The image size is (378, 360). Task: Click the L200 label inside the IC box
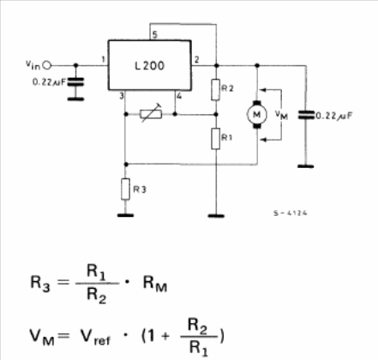coord(149,66)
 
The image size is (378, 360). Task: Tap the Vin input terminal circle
coord(47,65)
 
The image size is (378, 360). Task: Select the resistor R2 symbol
coord(216,90)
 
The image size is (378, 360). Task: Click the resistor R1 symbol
coord(216,139)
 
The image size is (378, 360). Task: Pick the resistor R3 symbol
coord(125,189)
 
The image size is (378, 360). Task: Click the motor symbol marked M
coord(257,114)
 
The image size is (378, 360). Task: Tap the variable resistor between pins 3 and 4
coord(151,114)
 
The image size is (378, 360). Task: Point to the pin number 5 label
coord(154,35)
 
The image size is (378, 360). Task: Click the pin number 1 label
coord(104,60)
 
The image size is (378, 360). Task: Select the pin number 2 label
coord(196,60)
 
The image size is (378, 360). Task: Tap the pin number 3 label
coord(122,96)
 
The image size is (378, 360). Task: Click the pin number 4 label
coord(179,96)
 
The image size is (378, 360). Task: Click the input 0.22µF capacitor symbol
coord(75,82)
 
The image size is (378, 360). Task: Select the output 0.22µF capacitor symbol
coord(306,115)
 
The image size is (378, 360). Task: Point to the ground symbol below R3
coord(125,215)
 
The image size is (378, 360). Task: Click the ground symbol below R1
coord(216,216)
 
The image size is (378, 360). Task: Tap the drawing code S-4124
coord(291,213)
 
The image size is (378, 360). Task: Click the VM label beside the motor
coord(281,115)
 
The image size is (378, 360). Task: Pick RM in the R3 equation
coord(155,285)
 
